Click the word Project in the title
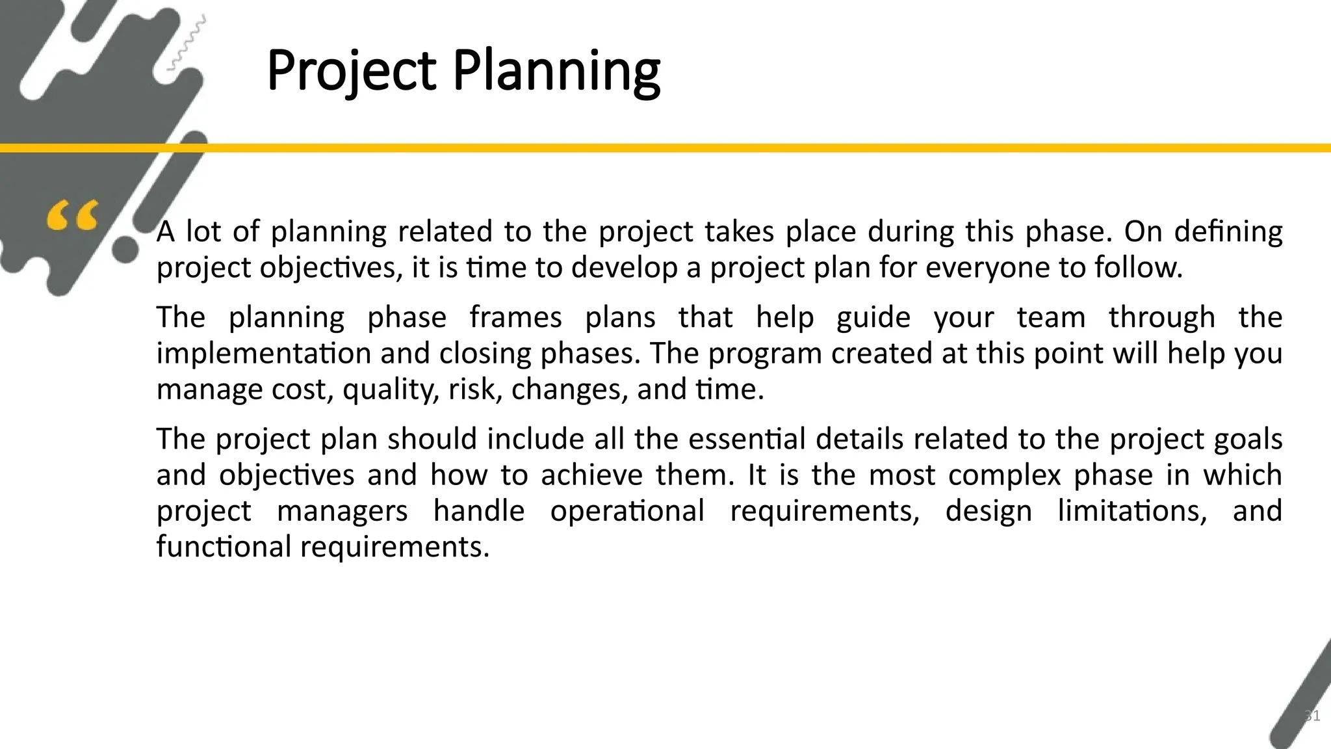(351, 72)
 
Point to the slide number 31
(1312, 716)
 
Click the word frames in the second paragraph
(515, 317)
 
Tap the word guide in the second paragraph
(873, 317)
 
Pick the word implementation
(263, 353)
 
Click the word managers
(342, 510)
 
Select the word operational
(627, 510)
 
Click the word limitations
(1132, 510)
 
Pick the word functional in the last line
(224, 546)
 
